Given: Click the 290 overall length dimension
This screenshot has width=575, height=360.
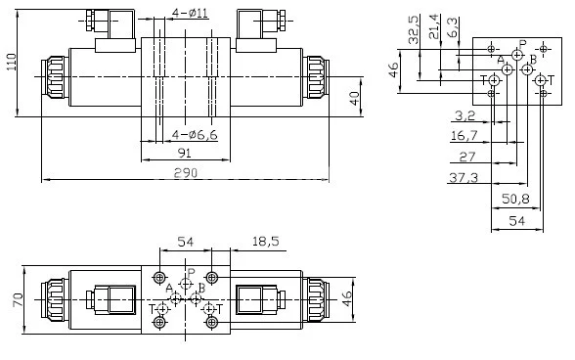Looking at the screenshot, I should (185, 173).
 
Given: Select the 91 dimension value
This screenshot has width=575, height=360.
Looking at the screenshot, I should (184, 152).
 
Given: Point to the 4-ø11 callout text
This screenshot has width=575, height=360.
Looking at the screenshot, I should (189, 13).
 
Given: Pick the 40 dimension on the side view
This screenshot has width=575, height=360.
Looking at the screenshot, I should (353, 100).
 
